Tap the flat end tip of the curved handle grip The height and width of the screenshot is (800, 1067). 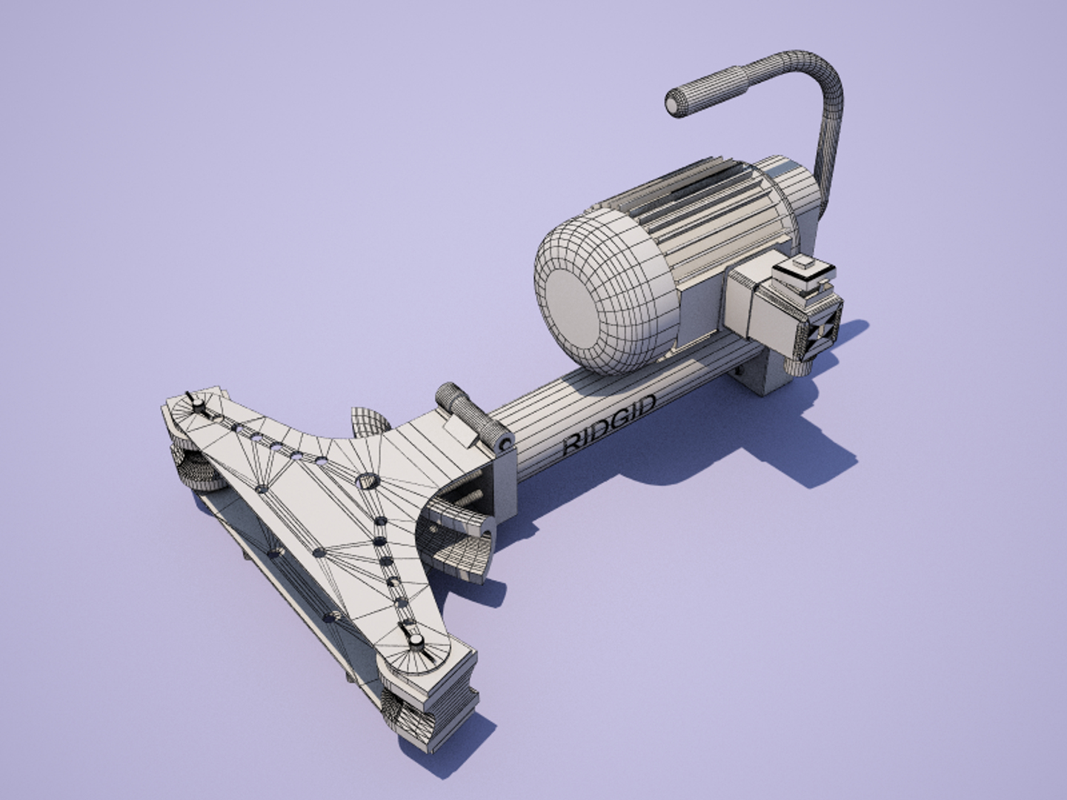pyautogui.click(x=675, y=103)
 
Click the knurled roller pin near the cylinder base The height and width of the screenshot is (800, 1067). pyautogui.click(x=471, y=416)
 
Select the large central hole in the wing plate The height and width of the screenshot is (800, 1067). pyautogui.click(x=368, y=481)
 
